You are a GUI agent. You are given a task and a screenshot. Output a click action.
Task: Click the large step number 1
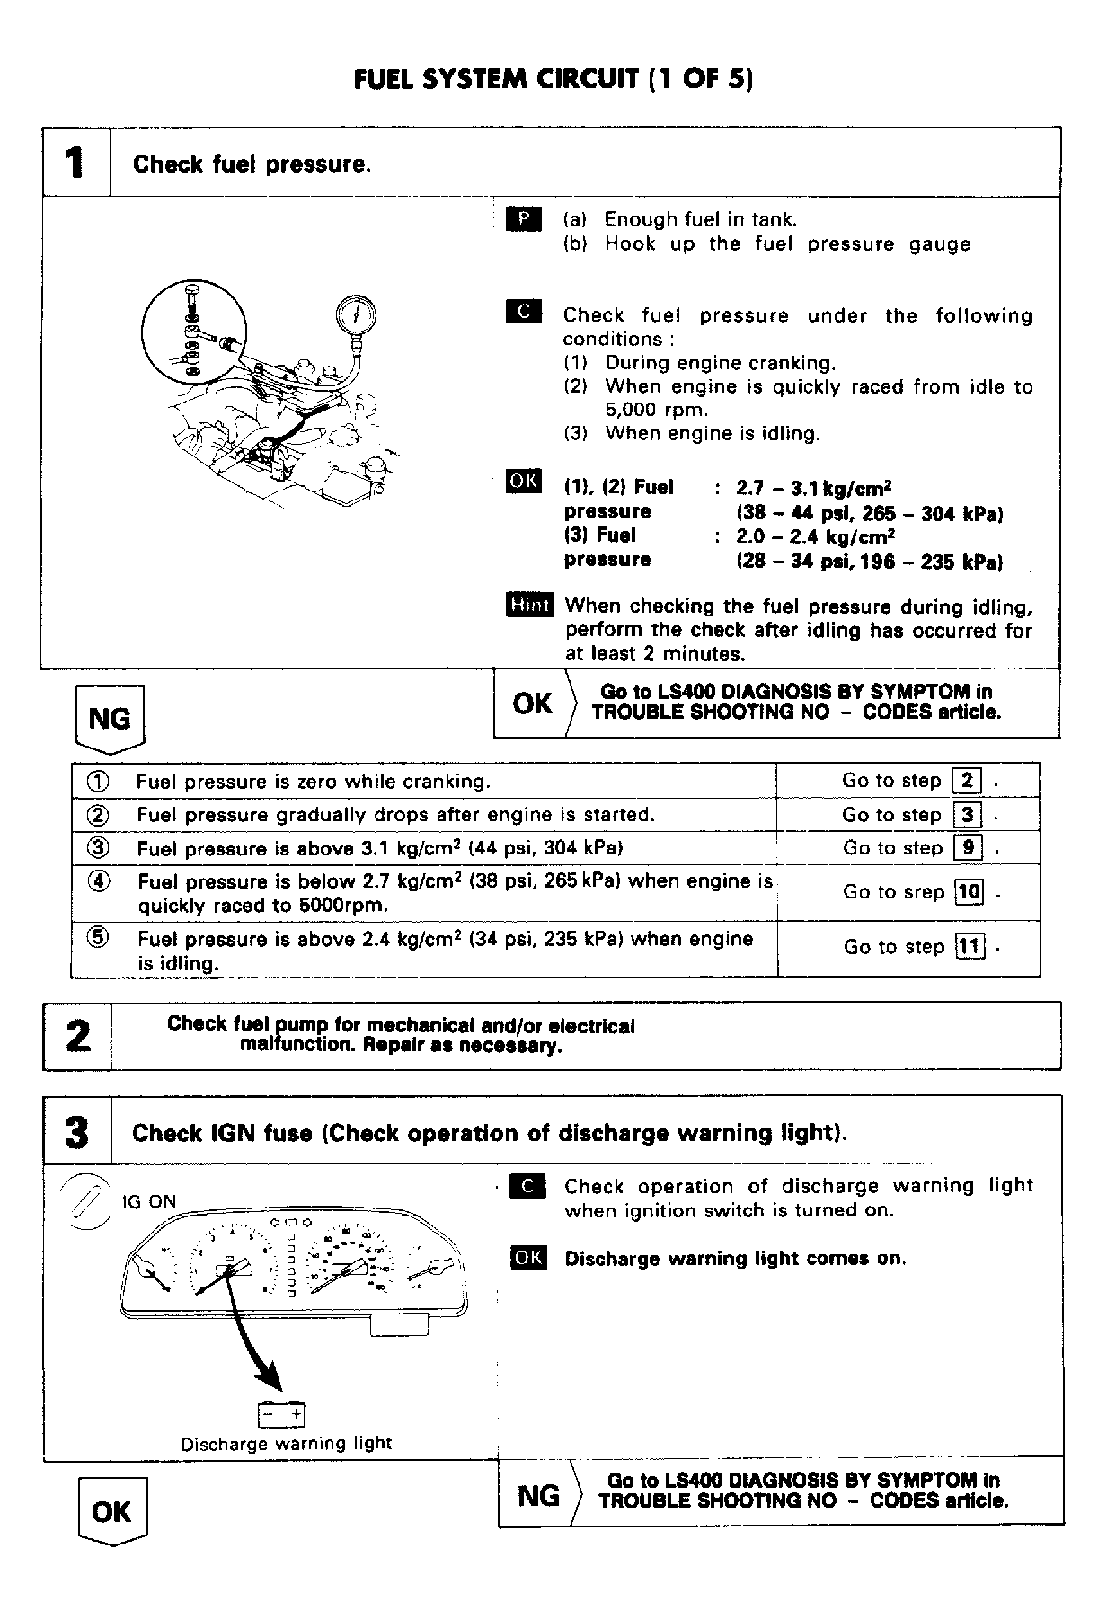(76, 163)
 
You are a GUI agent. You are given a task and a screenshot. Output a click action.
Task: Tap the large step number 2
(78, 1036)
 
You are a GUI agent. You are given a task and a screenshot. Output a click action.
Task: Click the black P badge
(524, 219)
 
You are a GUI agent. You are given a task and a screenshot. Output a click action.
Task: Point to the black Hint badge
(529, 606)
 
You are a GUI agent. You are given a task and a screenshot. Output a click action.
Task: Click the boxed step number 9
(969, 847)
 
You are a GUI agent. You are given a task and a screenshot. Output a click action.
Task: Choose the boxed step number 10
(969, 892)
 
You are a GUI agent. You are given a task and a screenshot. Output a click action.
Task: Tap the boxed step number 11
(970, 946)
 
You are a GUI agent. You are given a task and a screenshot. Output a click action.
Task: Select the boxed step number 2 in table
(967, 780)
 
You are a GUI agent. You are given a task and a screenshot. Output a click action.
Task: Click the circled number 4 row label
(98, 881)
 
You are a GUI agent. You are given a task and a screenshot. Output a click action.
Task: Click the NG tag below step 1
(110, 718)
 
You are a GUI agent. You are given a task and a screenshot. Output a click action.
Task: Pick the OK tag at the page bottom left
(111, 1511)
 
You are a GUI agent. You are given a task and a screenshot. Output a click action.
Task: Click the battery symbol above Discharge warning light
(282, 1416)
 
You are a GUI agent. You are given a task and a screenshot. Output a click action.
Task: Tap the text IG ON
(150, 1202)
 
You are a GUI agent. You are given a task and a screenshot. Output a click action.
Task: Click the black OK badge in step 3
(527, 1258)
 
